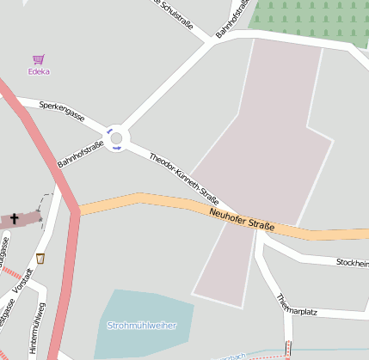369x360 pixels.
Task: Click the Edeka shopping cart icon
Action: coord(38,59)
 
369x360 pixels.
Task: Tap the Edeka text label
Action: coord(38,71)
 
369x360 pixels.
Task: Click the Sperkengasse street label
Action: coord(61,111)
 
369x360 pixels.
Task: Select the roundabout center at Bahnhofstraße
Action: coord(117,137)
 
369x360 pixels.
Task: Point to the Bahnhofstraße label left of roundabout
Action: coord(80,154)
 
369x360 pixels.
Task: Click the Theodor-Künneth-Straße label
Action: coord(184,176)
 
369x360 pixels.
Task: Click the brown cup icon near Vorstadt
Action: coord(40,258)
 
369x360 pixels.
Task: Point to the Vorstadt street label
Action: coord(28,286)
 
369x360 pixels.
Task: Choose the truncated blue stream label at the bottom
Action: coord(234,355)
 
